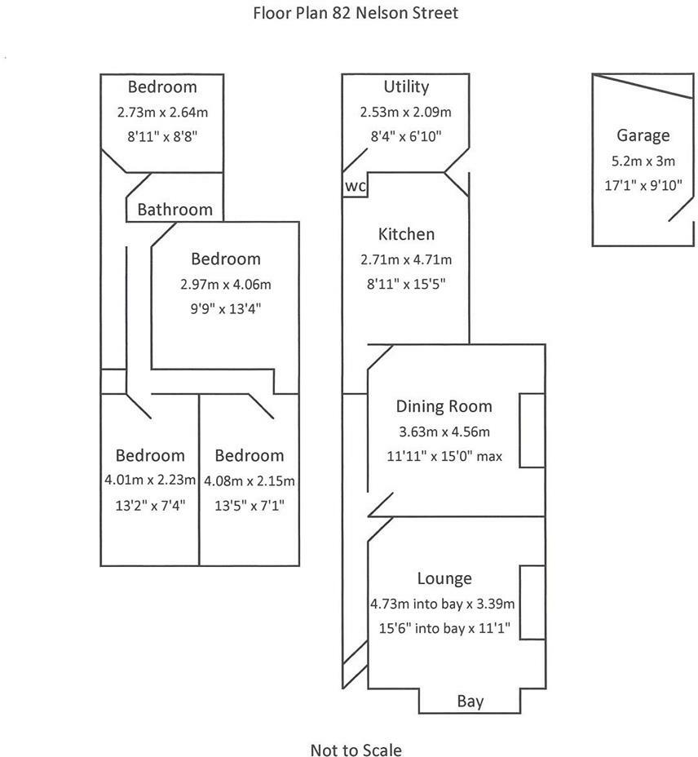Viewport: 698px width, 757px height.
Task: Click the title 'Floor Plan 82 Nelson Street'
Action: coord(355,13)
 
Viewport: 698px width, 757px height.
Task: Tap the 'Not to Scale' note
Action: coord(356,750)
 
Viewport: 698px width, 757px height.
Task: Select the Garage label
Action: coord(643,135)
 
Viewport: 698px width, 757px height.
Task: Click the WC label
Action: coord(356,186)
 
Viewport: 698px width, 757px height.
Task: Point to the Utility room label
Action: coord(405,86)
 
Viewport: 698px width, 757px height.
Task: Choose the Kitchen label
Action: coord(406,234)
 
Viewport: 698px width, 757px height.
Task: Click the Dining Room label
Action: coord(444,406)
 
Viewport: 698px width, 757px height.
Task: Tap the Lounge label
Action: coord(444,578)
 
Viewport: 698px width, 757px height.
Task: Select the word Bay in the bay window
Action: coord(470,701)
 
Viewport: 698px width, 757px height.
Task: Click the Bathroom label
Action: coord(174,210)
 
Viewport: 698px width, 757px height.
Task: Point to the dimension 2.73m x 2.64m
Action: coord(162,112)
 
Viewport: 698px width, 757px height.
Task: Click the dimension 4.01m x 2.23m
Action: coord(150,480)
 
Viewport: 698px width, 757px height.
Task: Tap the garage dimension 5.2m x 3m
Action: coord(643,161)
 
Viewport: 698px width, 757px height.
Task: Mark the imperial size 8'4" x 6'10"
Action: coord(405,136)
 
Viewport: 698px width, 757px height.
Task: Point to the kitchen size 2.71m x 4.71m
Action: coord(406,259)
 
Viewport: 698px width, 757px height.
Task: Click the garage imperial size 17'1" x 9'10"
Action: coord(643,185)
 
